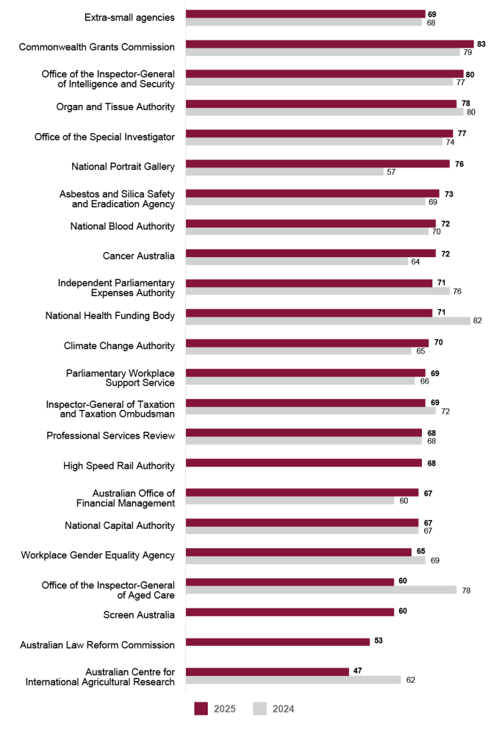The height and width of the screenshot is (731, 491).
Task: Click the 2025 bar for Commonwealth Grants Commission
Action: click(330, 43)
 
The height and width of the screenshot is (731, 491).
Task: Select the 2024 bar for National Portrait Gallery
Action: click(285, 172)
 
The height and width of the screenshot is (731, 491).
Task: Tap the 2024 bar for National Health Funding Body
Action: click(328, 321)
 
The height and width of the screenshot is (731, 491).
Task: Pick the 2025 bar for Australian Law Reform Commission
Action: click(277, 641)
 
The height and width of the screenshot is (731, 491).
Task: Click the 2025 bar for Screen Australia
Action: click(290, 612)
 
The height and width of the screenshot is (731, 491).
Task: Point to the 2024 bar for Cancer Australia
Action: click(297, 261)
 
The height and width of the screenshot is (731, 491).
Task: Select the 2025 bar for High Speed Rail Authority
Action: click(304, 463)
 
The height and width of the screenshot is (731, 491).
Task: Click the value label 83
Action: click(481, 43)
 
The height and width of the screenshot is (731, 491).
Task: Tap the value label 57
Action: click(391, 172)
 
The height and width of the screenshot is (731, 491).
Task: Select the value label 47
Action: click(357, 672)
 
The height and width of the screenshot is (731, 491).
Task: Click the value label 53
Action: click(378, 640)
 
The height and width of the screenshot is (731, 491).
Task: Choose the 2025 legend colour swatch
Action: click(201, 709)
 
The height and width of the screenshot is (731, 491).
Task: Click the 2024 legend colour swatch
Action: click(260, 709)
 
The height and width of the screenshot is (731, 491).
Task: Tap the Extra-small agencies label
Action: click(129, 17)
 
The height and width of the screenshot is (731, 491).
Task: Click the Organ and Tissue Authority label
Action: click(115, 107)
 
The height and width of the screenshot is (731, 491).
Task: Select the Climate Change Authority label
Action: click(119, 346)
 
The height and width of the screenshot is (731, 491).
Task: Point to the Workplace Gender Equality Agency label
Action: click(98, 555)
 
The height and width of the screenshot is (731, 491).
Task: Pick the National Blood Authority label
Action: click(122, 226)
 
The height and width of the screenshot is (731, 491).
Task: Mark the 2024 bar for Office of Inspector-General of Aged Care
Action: click(321, 590)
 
